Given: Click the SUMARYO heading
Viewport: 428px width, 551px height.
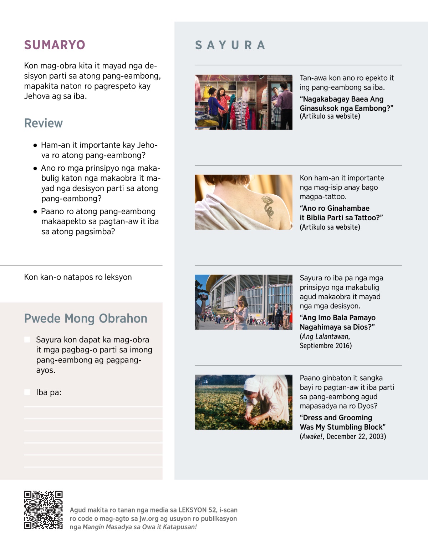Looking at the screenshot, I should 55,45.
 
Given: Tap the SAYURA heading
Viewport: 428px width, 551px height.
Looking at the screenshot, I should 230,45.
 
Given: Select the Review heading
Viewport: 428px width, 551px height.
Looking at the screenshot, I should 44,123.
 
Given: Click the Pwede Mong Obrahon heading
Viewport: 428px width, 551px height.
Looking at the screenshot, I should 86,319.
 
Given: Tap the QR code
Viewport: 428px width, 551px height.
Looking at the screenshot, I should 43,510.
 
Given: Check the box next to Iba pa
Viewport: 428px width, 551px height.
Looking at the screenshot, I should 27,392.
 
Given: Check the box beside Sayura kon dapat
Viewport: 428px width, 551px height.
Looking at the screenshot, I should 27,340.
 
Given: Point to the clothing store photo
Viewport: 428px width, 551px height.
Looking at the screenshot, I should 243,102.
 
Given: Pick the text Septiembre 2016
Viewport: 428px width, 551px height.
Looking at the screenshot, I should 325,346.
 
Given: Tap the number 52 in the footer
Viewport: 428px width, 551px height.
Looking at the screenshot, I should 212,510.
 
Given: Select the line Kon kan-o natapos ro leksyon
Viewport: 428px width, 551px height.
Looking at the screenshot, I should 78,277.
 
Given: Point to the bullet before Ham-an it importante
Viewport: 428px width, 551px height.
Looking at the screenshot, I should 35,145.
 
